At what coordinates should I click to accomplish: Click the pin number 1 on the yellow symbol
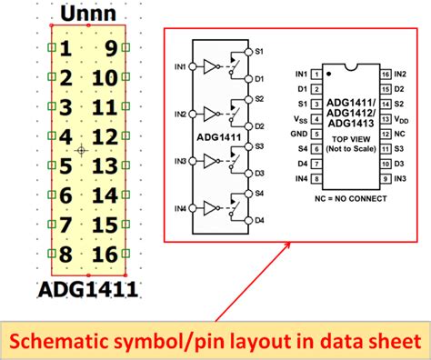coord(65,50)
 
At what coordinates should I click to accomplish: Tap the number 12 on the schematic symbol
coord(105,137)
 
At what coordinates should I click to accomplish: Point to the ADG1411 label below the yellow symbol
coord(87,291)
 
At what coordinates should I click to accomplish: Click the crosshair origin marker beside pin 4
coord(82,149)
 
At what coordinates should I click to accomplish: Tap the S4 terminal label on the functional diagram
coord(259,192)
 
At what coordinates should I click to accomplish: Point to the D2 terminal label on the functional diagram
coord(259,125)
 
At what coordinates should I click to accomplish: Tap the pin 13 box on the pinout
coord(386,118)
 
